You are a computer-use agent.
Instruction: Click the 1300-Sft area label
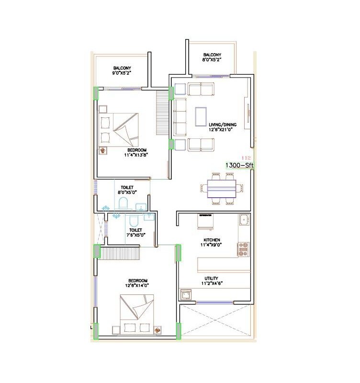click(239, 165)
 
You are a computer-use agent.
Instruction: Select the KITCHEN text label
click(212, 239)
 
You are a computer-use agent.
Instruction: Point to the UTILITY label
click(211, 277)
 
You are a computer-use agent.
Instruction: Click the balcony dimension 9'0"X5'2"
click(122, 73)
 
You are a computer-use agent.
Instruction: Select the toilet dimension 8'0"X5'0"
click(127, 192)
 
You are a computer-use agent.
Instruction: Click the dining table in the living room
click(221, 187)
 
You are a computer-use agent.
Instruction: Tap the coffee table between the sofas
click(201, 117)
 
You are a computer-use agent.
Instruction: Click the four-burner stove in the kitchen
click(244, 249)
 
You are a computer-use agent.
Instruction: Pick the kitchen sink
click(244, 220)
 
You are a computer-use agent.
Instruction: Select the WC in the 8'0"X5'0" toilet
click(123, 203)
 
